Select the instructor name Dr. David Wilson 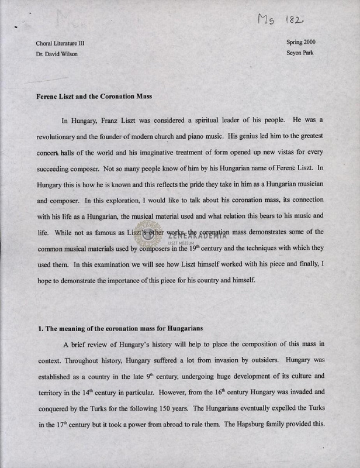(57, 54)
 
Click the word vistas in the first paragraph (270, 150)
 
